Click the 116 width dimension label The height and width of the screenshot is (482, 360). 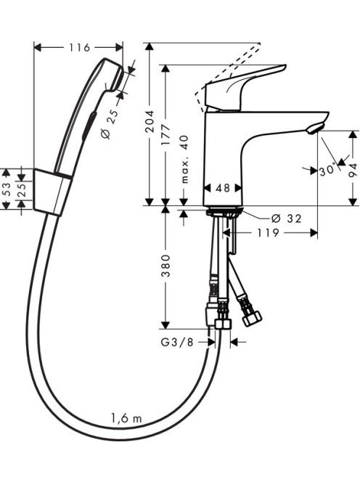click(78, 48)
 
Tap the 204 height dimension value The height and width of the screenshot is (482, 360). click(150, 121)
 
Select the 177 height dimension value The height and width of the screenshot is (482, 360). click(166, 134)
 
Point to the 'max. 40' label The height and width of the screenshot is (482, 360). click(184, 159)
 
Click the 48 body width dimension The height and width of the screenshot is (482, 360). click(223, 188)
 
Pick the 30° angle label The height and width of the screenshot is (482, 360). click(327, 171)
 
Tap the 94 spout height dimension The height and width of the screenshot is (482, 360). click(353, 170)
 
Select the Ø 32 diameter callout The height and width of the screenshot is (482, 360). click(287, 218)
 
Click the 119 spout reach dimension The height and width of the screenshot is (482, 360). click(268, 233)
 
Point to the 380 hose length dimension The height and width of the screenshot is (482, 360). click(166, 266)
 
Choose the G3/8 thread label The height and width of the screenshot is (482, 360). click(177, 342)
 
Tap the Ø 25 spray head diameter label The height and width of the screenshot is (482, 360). click(110, 124)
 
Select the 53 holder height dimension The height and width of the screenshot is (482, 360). click(7, 189)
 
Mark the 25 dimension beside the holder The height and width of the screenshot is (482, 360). click(22, 189)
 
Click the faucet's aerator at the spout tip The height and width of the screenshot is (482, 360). click(316, 128)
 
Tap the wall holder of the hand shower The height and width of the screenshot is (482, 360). click(52, 192)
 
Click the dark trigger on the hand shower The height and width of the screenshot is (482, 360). click(89, 126)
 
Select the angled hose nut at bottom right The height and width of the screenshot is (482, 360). click(252, 318)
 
